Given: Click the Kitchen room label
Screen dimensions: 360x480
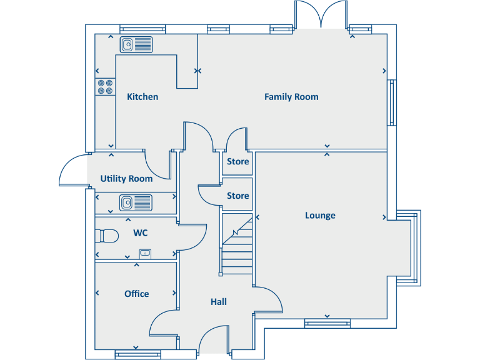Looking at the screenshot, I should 142,97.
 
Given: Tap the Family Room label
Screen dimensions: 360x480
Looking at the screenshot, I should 291,97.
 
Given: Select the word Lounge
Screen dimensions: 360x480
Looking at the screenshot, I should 320,216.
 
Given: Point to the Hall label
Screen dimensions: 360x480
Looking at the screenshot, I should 219,302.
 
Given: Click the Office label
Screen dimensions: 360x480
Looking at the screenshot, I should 136,294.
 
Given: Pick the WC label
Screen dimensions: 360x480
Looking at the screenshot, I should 141,233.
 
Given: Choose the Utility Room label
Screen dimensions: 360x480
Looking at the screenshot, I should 126,179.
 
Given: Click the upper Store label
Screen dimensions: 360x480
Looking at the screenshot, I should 237,162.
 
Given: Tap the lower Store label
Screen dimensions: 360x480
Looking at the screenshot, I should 237,196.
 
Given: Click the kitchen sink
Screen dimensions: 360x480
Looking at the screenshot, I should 136,44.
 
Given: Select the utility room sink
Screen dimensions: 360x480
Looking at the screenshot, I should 136,202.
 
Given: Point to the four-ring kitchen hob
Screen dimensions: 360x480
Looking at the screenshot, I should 105,86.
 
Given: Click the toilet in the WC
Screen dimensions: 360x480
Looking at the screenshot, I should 107,236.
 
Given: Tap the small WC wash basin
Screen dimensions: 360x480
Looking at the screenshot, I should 145,253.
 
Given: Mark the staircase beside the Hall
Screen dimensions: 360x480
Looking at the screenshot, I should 237,244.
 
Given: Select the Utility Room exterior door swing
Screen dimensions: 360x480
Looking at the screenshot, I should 72,171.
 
